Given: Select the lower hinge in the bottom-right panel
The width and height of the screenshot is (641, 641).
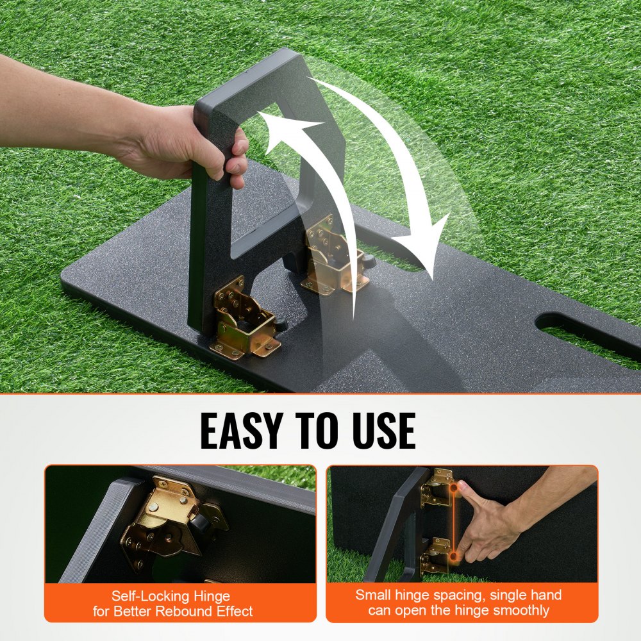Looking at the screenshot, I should (x=436, y=554).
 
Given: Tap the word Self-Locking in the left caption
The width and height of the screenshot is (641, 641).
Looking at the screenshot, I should (x=147, y=596).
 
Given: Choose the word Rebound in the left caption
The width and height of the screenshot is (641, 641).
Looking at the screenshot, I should (x=193, y=611).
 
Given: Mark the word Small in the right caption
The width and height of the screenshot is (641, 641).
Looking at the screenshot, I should (x=372, y=595).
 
